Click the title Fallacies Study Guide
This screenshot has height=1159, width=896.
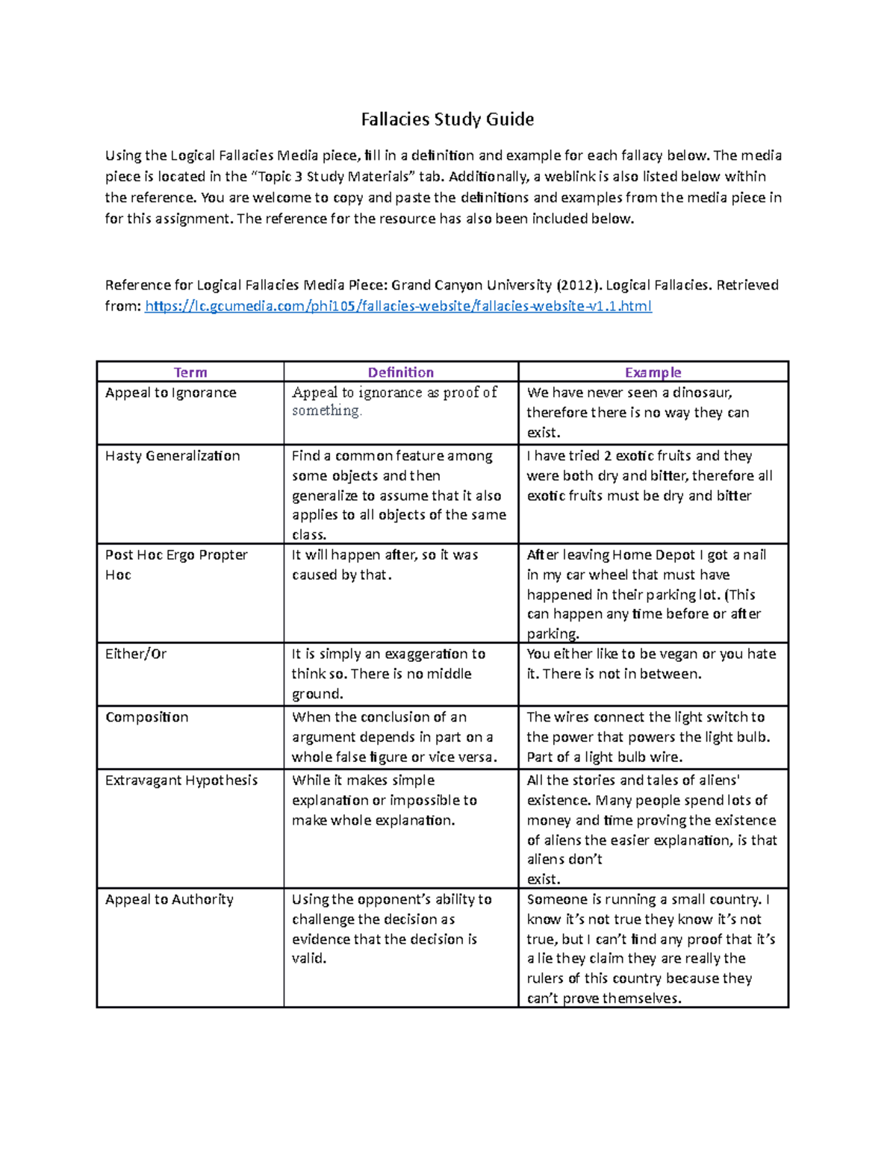pyautogui.click(x=447, y=119)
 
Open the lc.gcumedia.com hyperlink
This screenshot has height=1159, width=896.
pyautogui.click(x=398, y=306)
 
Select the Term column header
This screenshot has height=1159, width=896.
pyautogui.click(x=190, y=372)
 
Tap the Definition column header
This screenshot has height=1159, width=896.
pyautogui.click(x=400, y=372)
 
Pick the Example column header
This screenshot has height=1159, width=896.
pyautogui.click(x=653, y=372)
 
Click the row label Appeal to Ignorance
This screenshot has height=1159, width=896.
pyautogui.click(x=170, y=393)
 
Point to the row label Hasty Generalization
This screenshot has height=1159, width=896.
pyautogui.click(x=172, y=456)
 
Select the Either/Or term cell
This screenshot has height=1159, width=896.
pyautogui.click(x=136, y=654)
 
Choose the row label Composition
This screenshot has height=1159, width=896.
pyautogui.click(x=146, y=717)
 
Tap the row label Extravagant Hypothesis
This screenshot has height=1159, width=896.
pyautogui.click(x=181, y=781)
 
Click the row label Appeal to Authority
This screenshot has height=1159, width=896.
pyautogui.click(x=169, y=900)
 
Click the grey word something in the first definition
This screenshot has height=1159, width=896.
pyautogui.click(x=326, y=411)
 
